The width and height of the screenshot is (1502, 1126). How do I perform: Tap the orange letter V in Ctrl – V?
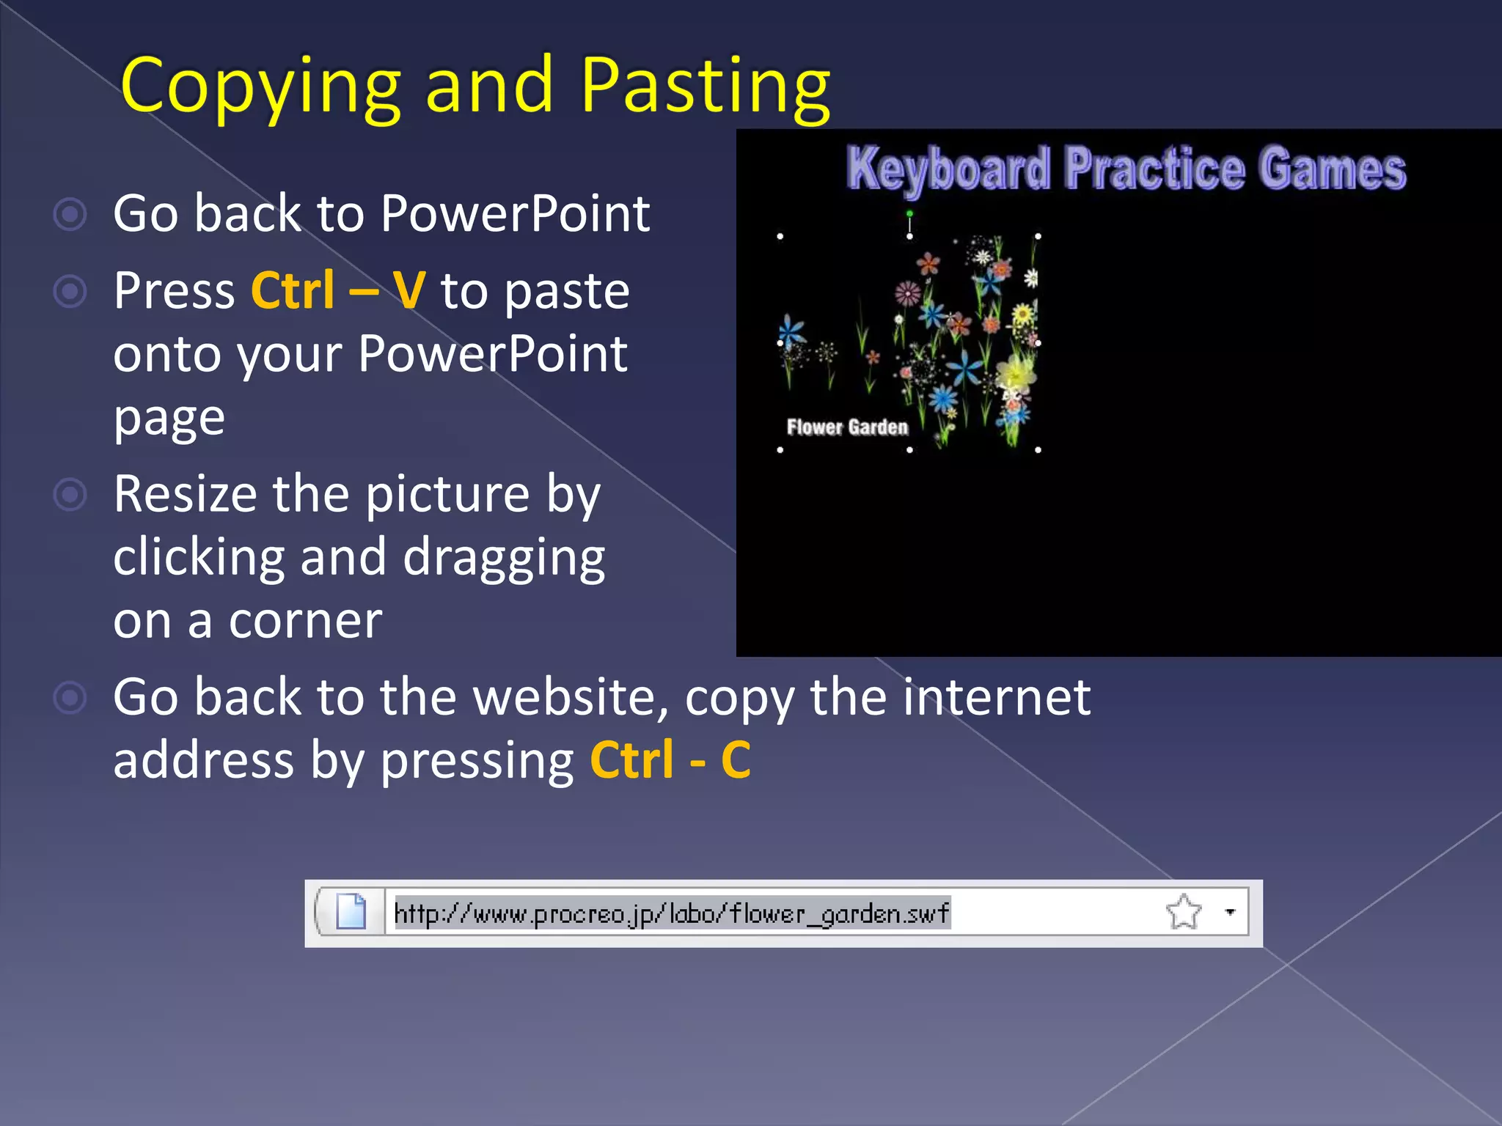pos(409,291)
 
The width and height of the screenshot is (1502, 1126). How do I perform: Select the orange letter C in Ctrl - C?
pos(736,760)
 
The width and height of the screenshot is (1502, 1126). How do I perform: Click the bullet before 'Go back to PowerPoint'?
pos(70,215)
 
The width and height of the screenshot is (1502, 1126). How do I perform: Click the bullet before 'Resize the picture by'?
pos(70,495)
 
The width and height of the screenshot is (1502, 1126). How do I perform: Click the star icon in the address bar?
pos(1183,912)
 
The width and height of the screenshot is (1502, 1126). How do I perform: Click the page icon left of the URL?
pos(351,912)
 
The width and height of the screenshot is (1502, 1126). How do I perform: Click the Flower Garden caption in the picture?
pos(847,427)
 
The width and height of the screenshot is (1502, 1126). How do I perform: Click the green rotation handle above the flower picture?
pos(909,213)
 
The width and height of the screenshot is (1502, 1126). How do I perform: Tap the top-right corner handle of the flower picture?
pos(1038,236)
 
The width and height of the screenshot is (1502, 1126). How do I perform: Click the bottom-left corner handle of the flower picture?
pos(780,449)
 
